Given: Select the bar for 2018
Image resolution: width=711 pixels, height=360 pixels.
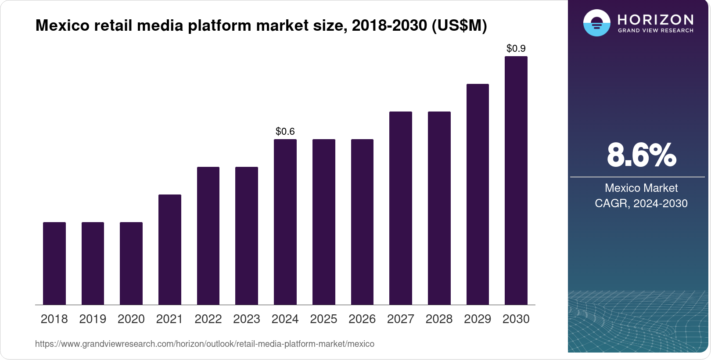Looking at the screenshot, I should point(54,263).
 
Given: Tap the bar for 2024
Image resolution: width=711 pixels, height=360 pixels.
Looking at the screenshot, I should point(285,222).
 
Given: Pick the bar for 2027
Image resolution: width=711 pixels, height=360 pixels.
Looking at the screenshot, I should point(401,208).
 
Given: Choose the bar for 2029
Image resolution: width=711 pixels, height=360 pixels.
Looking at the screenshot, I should point(478,194).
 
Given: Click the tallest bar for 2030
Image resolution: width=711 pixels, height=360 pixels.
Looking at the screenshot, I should point(516,180).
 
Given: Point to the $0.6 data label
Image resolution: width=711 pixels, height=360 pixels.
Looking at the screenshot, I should point(285,131).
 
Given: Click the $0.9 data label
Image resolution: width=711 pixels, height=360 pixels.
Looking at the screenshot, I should point(516,48).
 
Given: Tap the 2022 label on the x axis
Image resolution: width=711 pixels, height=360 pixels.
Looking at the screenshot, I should point(208,319).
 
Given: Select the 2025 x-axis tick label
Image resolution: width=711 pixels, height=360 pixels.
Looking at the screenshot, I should point(323,319).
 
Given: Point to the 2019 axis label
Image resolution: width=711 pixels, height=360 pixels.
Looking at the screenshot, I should point(93,319).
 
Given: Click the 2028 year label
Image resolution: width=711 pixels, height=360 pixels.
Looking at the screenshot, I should point(439,319).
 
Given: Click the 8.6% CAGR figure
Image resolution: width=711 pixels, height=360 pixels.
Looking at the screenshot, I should point(641,155).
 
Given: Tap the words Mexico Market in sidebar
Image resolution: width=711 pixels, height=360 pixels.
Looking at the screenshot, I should point(641,188).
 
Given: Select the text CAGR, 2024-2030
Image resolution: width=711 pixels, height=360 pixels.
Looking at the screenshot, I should point(641,203).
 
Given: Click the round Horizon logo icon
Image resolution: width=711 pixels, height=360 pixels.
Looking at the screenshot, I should point(596,23).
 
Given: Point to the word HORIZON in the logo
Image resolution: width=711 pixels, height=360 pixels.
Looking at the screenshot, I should point(655,19).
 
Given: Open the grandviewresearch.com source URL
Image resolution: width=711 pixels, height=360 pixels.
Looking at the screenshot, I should point(205,344).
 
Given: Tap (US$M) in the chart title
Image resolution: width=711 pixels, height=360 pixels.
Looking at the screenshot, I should point(460,25).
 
